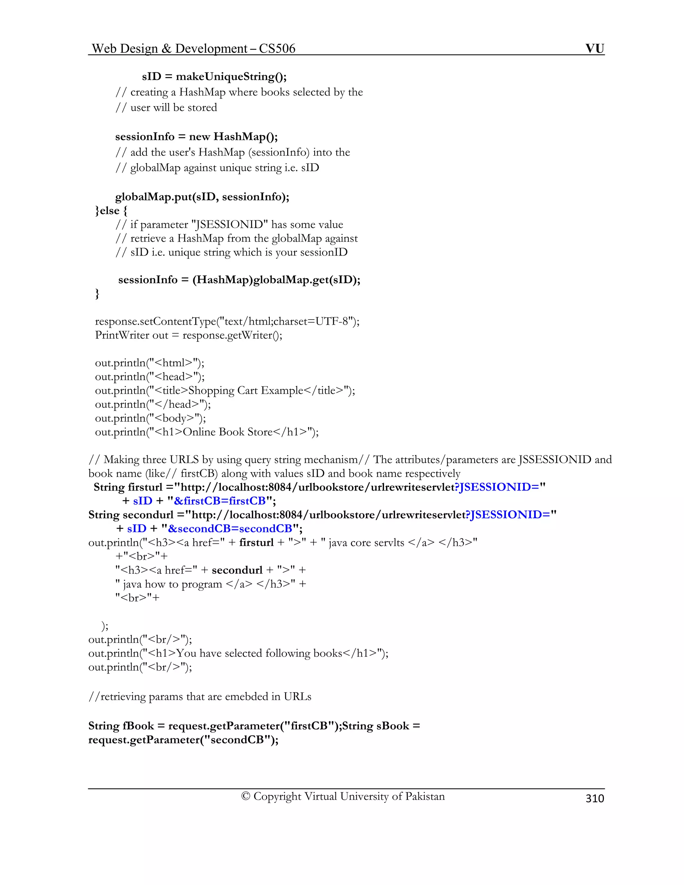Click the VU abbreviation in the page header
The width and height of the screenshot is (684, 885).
point(594,49)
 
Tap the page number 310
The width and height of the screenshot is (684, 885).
point(594,798)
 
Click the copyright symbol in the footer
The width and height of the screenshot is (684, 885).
point(245,796)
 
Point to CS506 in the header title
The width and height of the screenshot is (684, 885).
point(277,49)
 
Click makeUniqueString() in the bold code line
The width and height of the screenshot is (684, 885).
point(231,76)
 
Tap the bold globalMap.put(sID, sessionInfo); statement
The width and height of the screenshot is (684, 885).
point(202,197)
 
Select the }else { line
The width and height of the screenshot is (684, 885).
point(111,211)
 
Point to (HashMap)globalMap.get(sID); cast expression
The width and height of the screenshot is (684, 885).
point(276,280)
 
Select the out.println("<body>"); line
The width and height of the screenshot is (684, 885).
point(150,418)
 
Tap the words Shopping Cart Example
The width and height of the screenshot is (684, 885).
point(245,391)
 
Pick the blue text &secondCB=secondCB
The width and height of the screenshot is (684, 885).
point(230,529)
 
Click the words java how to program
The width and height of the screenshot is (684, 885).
point(173,584)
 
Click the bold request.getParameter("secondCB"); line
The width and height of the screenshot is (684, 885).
point(183,740)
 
